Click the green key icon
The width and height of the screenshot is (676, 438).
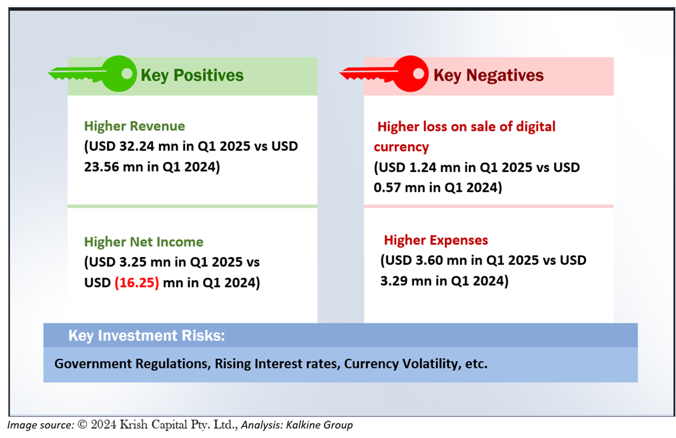pyautogui.click(x=94, y=74)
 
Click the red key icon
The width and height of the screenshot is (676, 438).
pyautogui.click(x=385, y=74)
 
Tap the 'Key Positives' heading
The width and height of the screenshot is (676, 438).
pyautogui.click(x=192, y=76)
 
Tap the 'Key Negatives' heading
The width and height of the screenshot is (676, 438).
pyautogui.click(x=488, y=76)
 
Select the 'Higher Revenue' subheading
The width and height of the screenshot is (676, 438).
pyautogui.click(x=134, y=126)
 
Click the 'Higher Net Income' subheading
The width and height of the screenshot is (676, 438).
pyautogui.click(x=144, y=242)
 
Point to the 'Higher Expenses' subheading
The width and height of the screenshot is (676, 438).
pyautogui.click(x=436, y=240)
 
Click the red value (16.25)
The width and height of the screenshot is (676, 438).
pyautogui.click(x=137, y=283)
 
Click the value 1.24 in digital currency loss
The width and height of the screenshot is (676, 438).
pyautogui.click(x=423, y=167)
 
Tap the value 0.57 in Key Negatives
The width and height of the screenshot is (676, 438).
pyautogui.click(x=387, y=188)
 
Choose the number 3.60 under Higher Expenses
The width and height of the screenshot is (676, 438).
pyautogui.click(x=429, y=260)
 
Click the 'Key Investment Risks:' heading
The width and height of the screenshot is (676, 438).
pyautogui.click(x=147, y=336)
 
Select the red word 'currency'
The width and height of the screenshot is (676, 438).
pyautogui.click(x=402, y=147)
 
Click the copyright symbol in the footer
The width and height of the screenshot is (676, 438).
pyautogui.click(x=83, y=424)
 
